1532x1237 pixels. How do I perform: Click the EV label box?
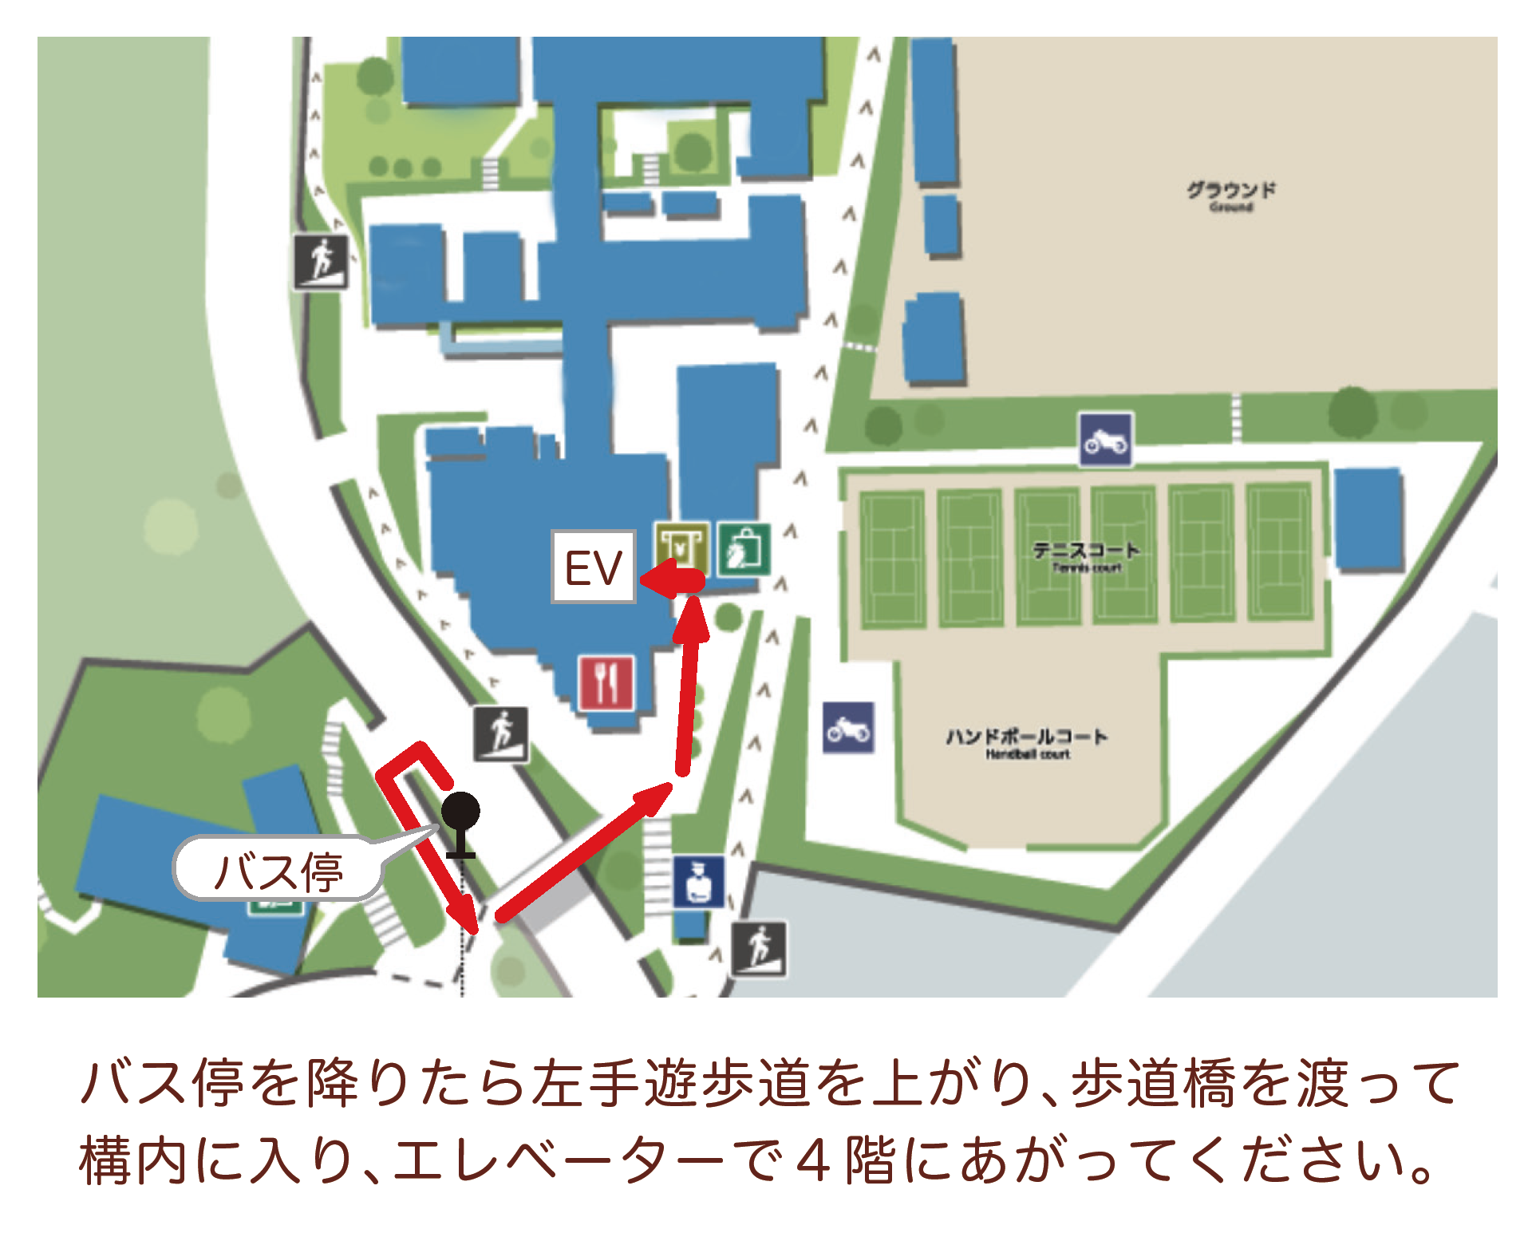(x=593, y=567)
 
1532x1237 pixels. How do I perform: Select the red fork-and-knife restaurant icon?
(x=607, y=683)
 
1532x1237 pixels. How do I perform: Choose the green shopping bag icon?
(x=744, y=549)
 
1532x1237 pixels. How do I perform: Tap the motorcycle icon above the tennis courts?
(x=1105, y=439)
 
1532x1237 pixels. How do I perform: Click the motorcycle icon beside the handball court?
(x=848, y=728)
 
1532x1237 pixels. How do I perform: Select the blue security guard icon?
(x=698, y=881)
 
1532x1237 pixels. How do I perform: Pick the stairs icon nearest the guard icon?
(x=759, y=949)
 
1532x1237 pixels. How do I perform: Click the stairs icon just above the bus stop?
(x=500, y=733)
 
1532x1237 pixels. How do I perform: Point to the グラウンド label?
(x=1230, y=193)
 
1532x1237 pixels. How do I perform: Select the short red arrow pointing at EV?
(x=672, y=580)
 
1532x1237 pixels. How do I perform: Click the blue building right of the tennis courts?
(x=1369, y=519)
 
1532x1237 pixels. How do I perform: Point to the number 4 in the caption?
(x=813, y=1161)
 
